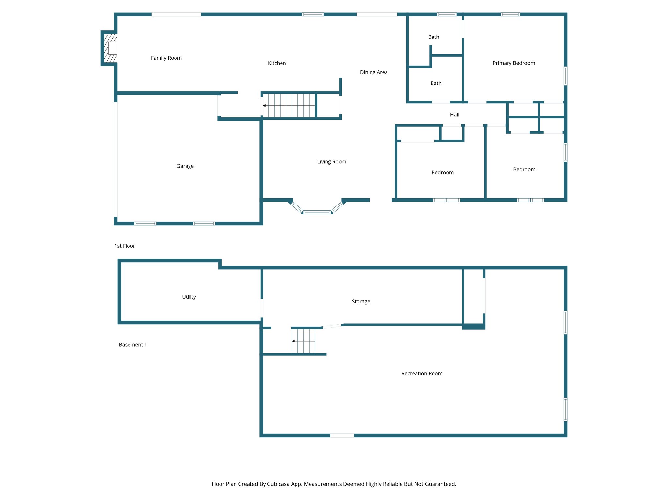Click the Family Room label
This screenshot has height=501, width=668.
[166, 58]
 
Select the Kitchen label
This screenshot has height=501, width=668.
[277, 63]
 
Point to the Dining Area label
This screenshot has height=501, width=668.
[373, 72]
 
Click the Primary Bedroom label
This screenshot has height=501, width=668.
[513, 63]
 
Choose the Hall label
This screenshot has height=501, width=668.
[454, 115]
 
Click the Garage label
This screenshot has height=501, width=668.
[185, 166]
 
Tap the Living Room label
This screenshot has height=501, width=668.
[331, 162]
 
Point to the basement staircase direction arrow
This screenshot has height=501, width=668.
[293, 341]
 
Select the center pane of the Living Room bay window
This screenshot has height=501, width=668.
[317, 212]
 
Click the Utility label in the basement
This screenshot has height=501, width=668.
[189, 297]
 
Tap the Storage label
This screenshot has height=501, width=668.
[361, 301]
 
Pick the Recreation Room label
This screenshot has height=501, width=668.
[422, 374]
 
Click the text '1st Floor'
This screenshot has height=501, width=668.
[125, 246]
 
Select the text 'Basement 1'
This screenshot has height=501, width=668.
[133, 345]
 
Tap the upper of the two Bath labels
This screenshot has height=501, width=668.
[433, 37]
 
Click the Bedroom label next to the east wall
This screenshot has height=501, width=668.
[524, 169]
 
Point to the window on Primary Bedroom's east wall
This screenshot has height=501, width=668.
[565, 76]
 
